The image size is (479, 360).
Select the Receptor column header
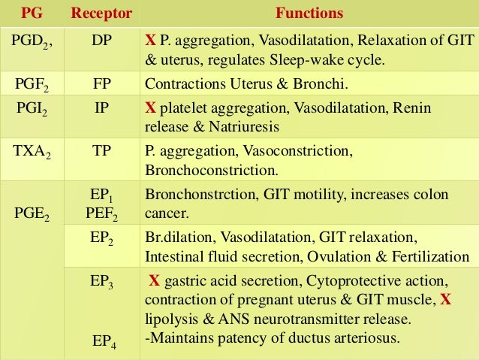(x=101, y=14)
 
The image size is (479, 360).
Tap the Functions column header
(x=309, y=14)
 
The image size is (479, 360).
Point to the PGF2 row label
(x=32, y=84)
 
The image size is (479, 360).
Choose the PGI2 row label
(x=32, y=110)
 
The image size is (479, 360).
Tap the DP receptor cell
(x=101, y=40)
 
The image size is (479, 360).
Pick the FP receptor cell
(x=101, y=83)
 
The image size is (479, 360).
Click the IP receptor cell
(x=101, y=109)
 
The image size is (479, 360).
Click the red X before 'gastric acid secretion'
(x=154, y=281)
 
